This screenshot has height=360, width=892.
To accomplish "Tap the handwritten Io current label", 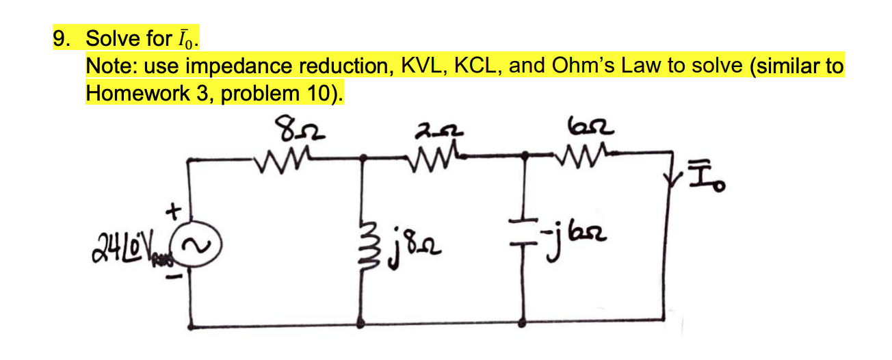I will [x=712, y=181].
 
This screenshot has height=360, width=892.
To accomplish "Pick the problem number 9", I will [x=62, y=39].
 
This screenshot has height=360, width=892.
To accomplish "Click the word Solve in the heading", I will [x=108, y=39].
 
